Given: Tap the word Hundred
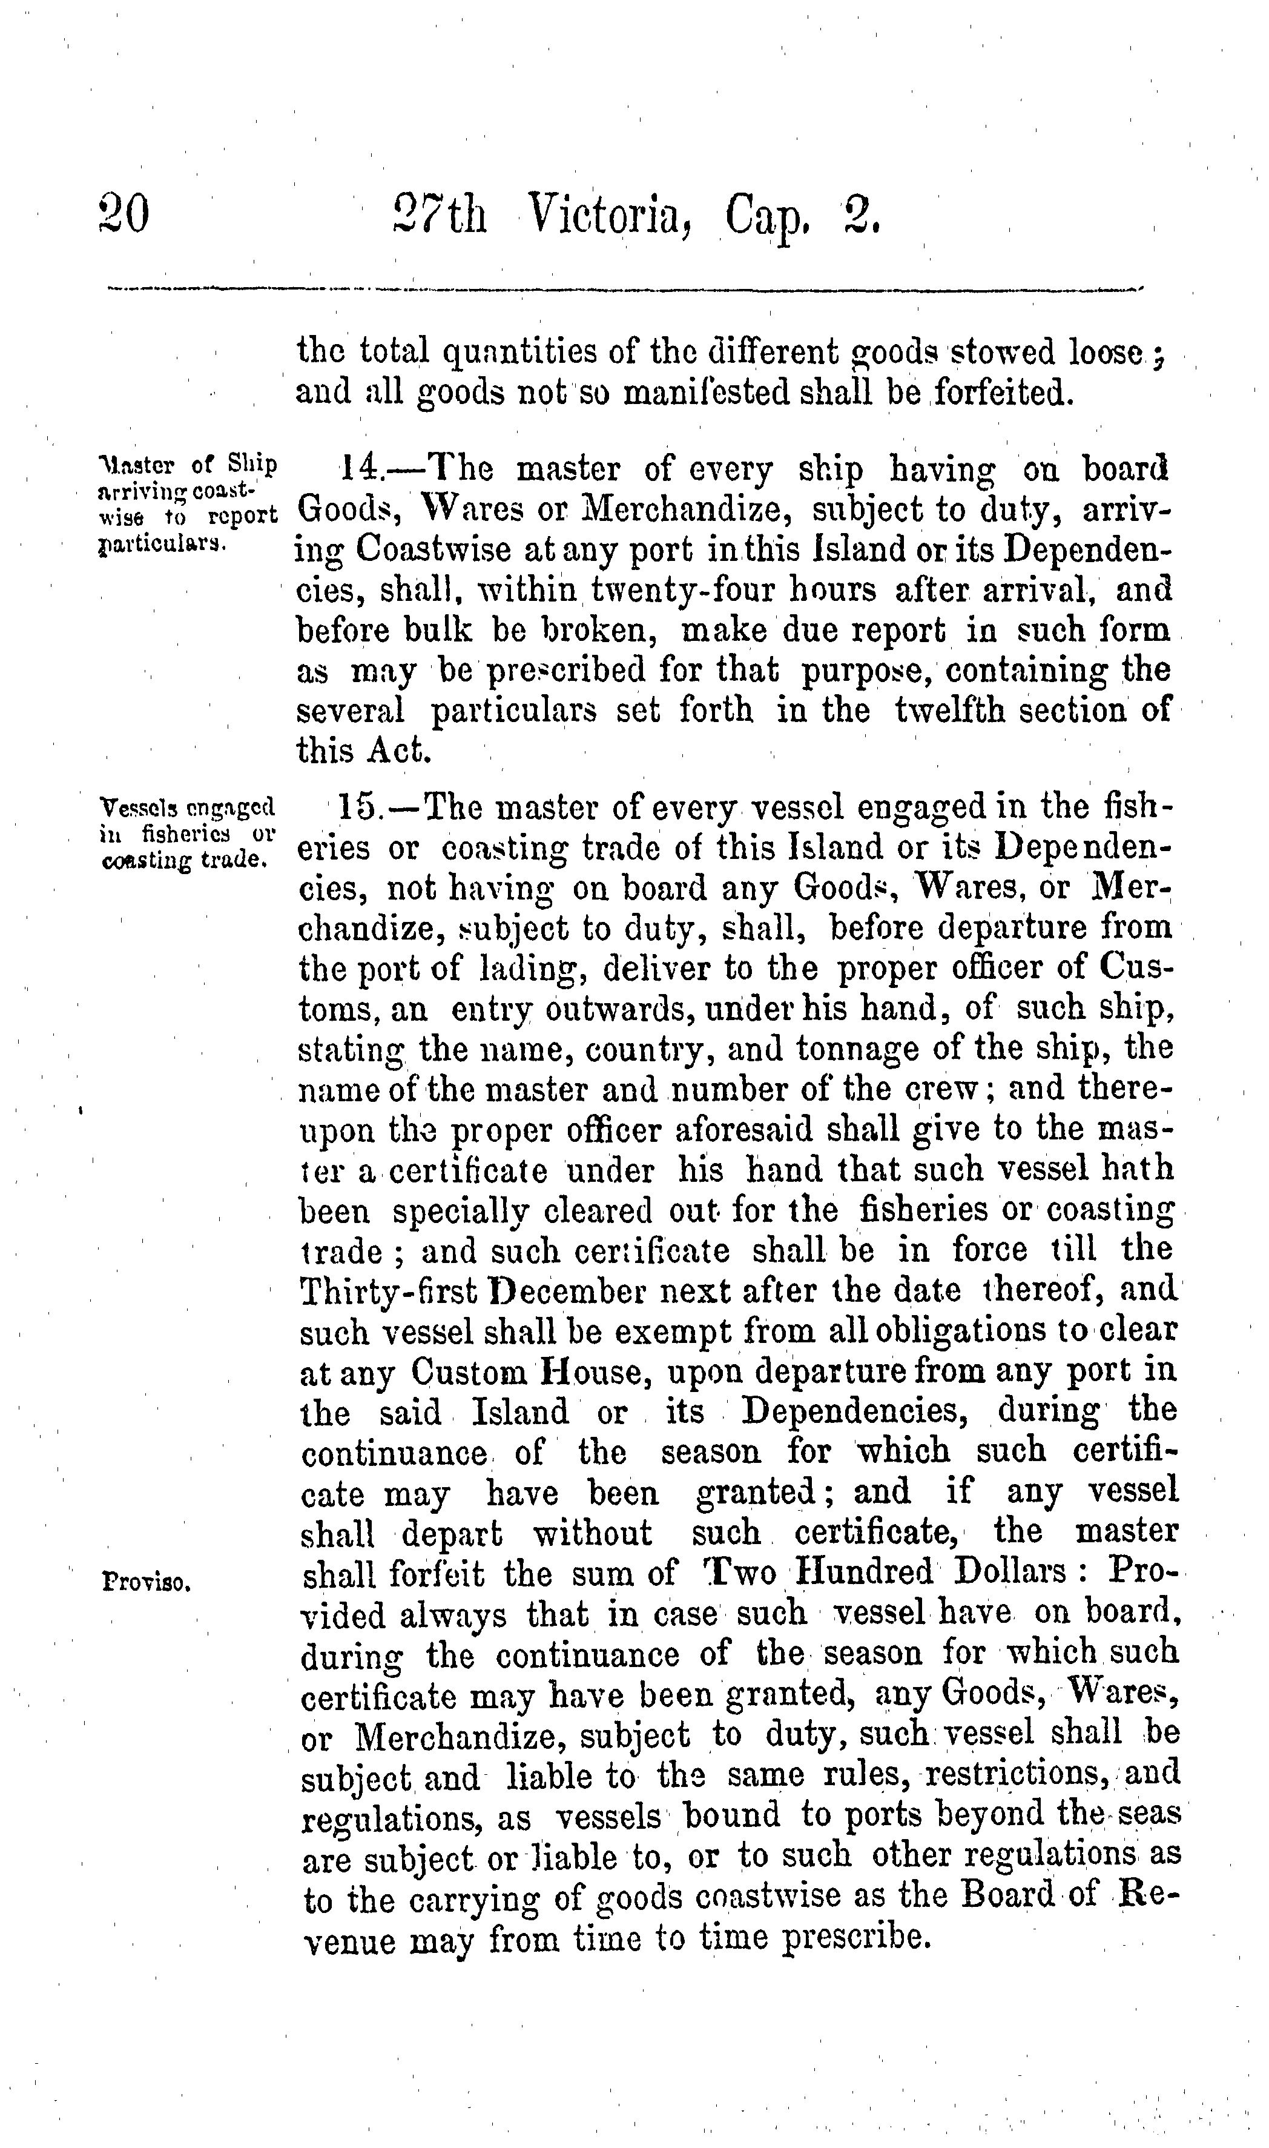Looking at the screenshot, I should click(x=865, y=1573).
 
